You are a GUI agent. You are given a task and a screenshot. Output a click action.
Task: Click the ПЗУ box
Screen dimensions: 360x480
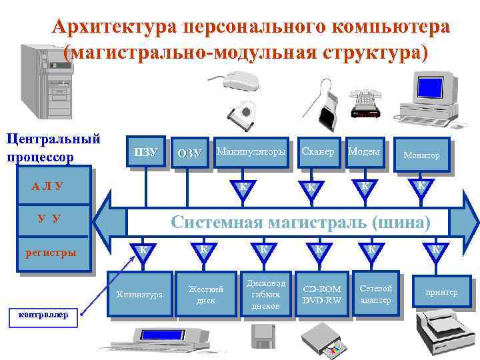[x=146, y=153]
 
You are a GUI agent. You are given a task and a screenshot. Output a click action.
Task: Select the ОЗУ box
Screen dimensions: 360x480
[x=189, y=153]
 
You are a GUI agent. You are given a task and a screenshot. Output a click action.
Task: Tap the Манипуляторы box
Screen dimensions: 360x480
[x=251, y=153]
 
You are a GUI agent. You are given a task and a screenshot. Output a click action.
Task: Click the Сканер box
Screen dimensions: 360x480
[x=318, y=153]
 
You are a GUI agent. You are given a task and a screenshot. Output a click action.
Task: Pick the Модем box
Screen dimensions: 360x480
[x=364, y=153]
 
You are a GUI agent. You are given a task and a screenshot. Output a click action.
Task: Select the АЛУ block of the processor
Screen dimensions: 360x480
[x=47, y=186]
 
